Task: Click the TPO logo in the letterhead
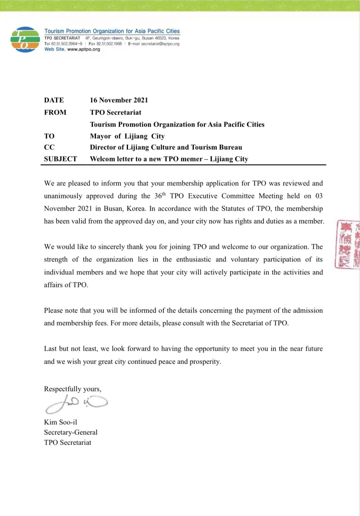[25, 40]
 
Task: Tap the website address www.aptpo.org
[83, 49]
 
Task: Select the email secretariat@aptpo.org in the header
[160, 44]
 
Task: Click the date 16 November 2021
[119, 100]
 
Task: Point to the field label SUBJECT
[60, 159]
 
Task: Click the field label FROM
[55, 112]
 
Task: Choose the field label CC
[49, 147]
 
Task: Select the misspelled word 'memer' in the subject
[191, 159]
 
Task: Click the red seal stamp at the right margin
[347, 244]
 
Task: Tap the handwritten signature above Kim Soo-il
[76, 404]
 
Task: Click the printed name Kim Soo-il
[60, 422]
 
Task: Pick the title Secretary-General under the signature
[71, 432]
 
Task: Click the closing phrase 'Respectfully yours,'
[73, 389]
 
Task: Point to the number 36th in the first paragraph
[160, 196]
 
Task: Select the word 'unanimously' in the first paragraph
[63, 196]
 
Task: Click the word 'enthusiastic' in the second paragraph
[193, 260]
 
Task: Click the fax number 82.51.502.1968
[109, 44]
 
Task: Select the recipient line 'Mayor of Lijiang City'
[127, 136]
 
